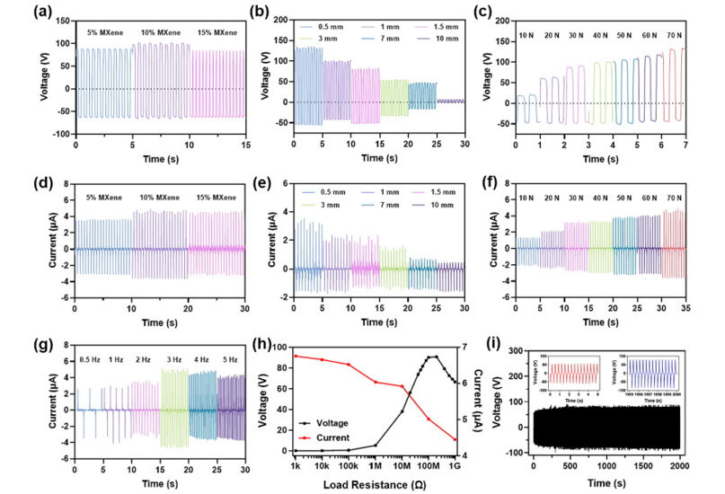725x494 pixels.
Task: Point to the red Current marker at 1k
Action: coord(296,356)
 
